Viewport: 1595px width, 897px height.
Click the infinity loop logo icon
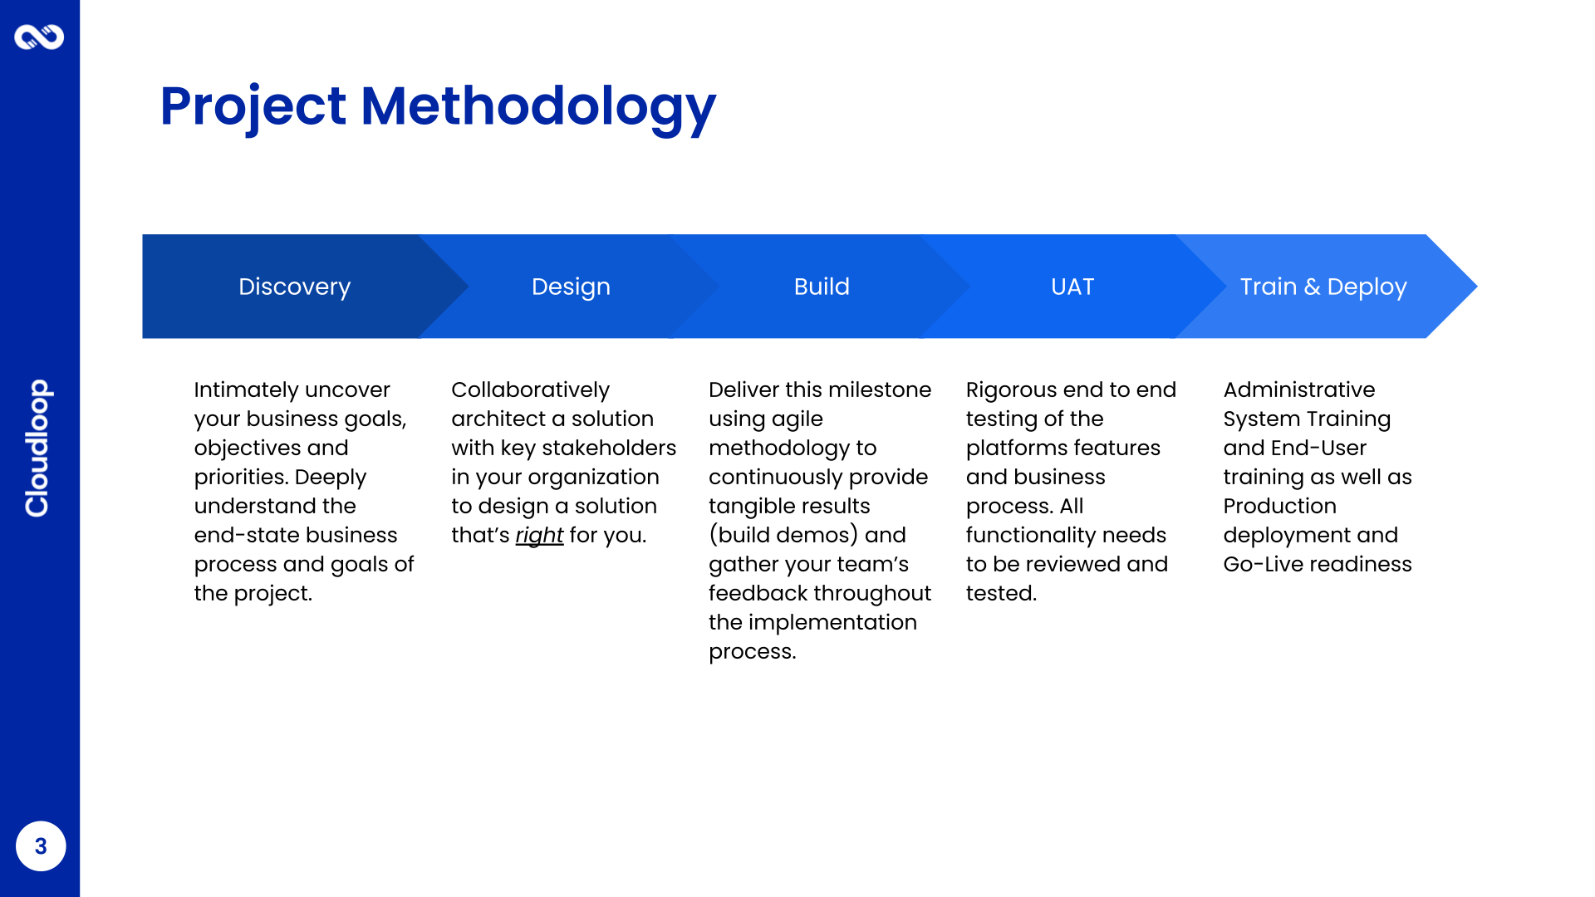39,37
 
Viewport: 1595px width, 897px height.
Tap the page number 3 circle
41,846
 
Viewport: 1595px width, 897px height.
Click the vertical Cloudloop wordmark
38,448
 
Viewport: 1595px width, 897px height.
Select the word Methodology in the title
538,107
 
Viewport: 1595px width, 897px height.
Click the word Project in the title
253,107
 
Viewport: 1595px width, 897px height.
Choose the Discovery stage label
295,287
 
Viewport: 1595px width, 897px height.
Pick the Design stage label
572,287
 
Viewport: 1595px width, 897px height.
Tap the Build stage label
822,287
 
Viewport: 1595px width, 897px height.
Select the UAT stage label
1072,287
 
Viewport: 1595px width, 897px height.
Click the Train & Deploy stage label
1323,287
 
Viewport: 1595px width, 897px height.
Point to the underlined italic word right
539,535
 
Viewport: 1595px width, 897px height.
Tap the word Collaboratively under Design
531,390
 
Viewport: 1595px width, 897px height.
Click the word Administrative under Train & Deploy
1299,390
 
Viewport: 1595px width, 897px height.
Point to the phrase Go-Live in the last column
1259,564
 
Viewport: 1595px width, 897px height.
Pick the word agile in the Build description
797,419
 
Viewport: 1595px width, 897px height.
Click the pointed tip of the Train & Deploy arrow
1477,287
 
